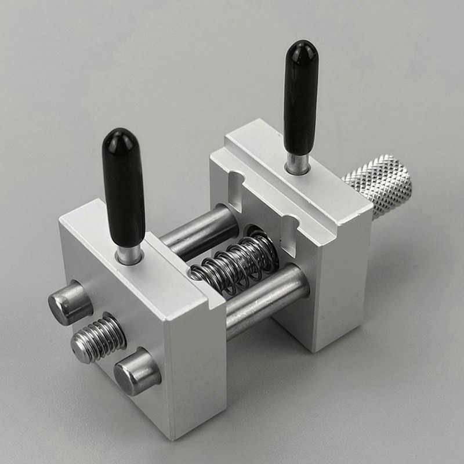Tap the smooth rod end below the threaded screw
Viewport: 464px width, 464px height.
[136, 371]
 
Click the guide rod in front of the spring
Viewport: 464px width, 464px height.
[267, 299]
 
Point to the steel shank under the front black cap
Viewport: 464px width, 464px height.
[129, 253]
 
